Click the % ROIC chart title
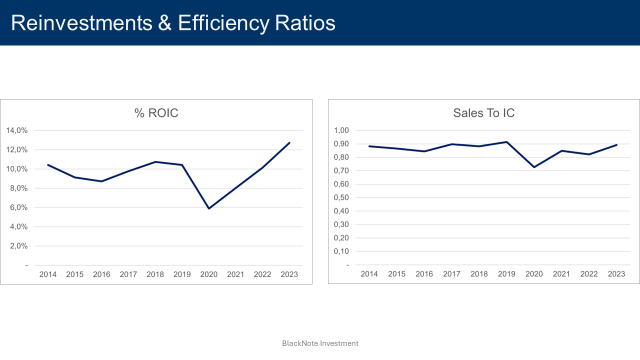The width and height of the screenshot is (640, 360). click(x=156, y=113)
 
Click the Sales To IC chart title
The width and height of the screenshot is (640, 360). click(x=483, y=113)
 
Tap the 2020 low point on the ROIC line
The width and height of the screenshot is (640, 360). click(x=208, y=208)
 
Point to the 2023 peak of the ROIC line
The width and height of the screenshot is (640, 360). click(x=289, y=143)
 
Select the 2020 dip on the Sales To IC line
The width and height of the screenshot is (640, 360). click(x=534, y=167)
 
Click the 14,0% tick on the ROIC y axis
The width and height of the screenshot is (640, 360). click(x=16, y=130)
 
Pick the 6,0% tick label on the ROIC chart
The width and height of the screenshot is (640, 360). click(x=18, y=207)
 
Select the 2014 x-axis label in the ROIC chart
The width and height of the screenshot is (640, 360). click(x=48, y=274)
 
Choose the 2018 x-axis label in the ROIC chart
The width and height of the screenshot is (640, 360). click(x=155, y=274)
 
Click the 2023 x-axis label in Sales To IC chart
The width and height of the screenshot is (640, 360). click(x=616, y=274)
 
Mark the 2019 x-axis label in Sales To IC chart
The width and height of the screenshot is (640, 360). click(x=506, y=274)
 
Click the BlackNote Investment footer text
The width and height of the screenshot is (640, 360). click(x=320, y=343)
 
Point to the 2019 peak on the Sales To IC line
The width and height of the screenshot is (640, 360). click(x=506, y=142)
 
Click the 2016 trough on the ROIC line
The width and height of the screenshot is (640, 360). click(x=101, y=181)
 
